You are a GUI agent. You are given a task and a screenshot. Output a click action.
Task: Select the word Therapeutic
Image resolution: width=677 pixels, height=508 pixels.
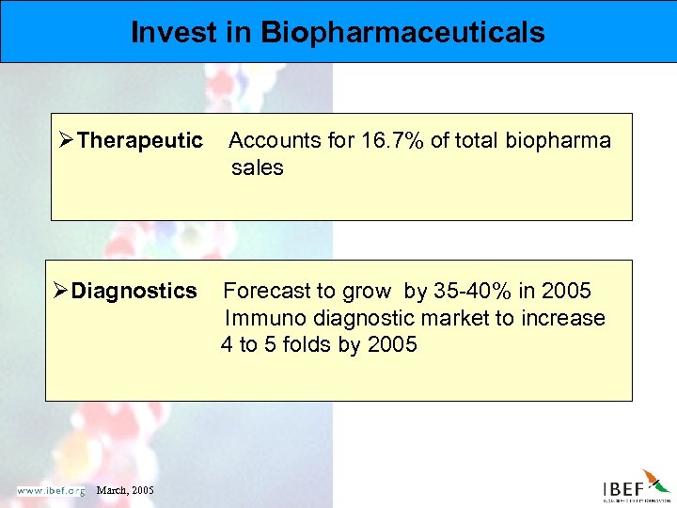tap(140, 141)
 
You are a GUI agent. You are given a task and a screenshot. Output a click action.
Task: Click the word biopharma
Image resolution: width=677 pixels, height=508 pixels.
tap(559, 141)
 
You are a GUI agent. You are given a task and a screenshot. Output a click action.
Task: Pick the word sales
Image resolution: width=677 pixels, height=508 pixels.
tap(258, 167)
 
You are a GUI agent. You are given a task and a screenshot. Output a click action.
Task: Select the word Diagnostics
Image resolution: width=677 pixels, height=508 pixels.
tap(134, 291)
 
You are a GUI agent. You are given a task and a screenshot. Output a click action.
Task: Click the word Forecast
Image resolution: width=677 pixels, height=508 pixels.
tap(264, 291)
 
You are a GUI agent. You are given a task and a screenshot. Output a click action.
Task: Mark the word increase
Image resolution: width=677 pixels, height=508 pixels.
tap(564, 318)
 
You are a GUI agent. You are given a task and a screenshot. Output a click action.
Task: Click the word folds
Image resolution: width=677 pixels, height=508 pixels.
tap(299, 344)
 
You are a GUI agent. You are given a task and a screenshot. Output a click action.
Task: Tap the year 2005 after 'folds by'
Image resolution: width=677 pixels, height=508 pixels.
tap(392, 344)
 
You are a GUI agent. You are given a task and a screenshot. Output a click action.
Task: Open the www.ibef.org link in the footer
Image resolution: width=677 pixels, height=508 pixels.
tap(50, 489)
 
